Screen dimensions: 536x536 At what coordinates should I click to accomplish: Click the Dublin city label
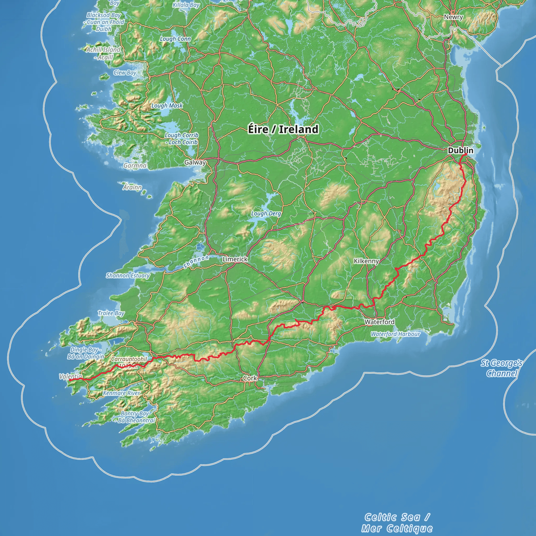461,150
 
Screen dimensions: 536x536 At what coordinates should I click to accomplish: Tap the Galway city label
195,162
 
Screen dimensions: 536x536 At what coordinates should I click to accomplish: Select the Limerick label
235,259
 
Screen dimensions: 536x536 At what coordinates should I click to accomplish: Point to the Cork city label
250,378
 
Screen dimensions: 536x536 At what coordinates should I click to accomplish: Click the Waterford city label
379,322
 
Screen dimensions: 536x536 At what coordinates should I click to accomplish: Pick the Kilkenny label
366,261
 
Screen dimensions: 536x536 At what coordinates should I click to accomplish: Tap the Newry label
453,17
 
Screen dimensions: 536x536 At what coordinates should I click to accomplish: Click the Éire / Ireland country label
283,129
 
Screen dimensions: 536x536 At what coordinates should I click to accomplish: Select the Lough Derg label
266,213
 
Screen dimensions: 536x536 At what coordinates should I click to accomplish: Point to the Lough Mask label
167,105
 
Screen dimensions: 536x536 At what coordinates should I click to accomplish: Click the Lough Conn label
175,39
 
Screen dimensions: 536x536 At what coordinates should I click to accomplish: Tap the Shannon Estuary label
128,276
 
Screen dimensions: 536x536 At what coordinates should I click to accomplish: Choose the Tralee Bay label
111,313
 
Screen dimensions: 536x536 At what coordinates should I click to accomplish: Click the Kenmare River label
121,393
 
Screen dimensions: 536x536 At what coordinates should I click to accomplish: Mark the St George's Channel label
502,368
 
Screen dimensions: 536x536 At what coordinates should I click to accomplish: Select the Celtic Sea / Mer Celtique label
397,523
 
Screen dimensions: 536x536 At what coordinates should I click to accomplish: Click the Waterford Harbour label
395,334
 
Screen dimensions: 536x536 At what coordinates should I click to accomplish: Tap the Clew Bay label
125,73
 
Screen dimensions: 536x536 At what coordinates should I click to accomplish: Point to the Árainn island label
132,187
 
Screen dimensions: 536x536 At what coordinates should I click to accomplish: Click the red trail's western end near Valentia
70,380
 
